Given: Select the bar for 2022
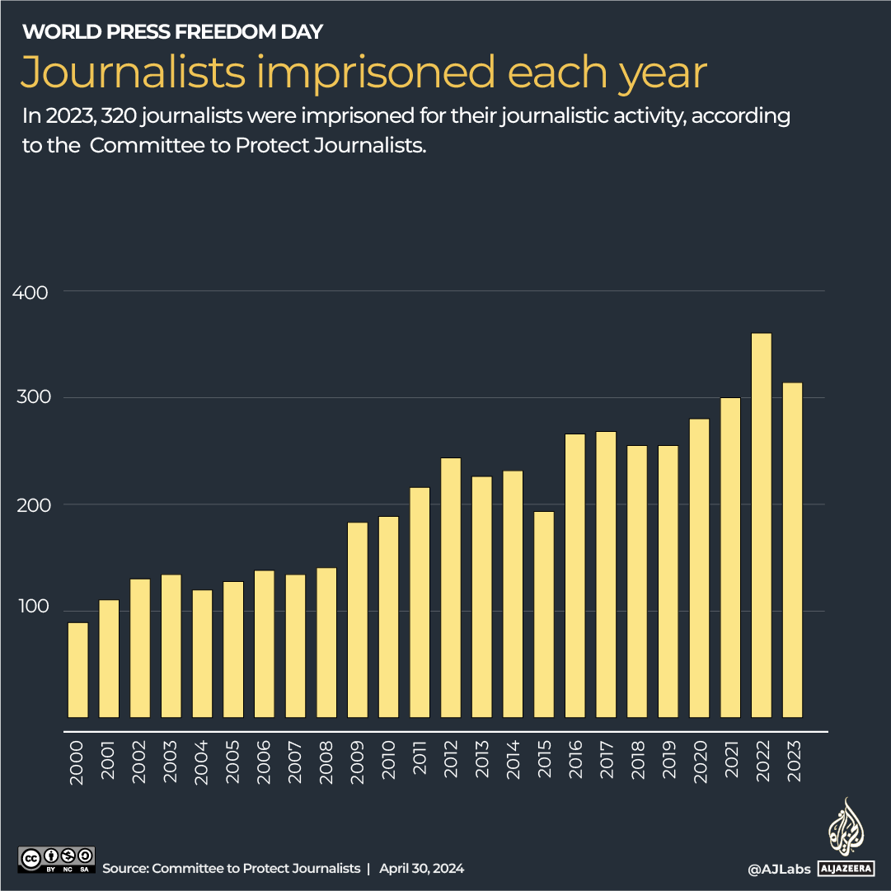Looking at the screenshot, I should [762, 525].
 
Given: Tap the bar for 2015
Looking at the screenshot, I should [544, 614].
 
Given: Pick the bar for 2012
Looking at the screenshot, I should [451, 587].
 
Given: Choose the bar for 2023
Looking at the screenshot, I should [792, 550].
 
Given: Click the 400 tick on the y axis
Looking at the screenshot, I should [30, 292].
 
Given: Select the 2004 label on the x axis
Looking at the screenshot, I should [202, 763].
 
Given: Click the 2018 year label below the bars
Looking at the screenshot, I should [637, 763].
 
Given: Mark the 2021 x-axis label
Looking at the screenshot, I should [730, 763].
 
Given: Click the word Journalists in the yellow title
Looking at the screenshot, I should [133, 73].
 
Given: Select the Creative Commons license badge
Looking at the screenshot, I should [56, 859].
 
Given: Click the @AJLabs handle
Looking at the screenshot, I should [778, 869].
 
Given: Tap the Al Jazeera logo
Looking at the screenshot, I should [846, 837].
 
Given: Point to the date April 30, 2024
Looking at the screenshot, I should [421, 869].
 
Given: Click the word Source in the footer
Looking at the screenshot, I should [124, 869].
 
